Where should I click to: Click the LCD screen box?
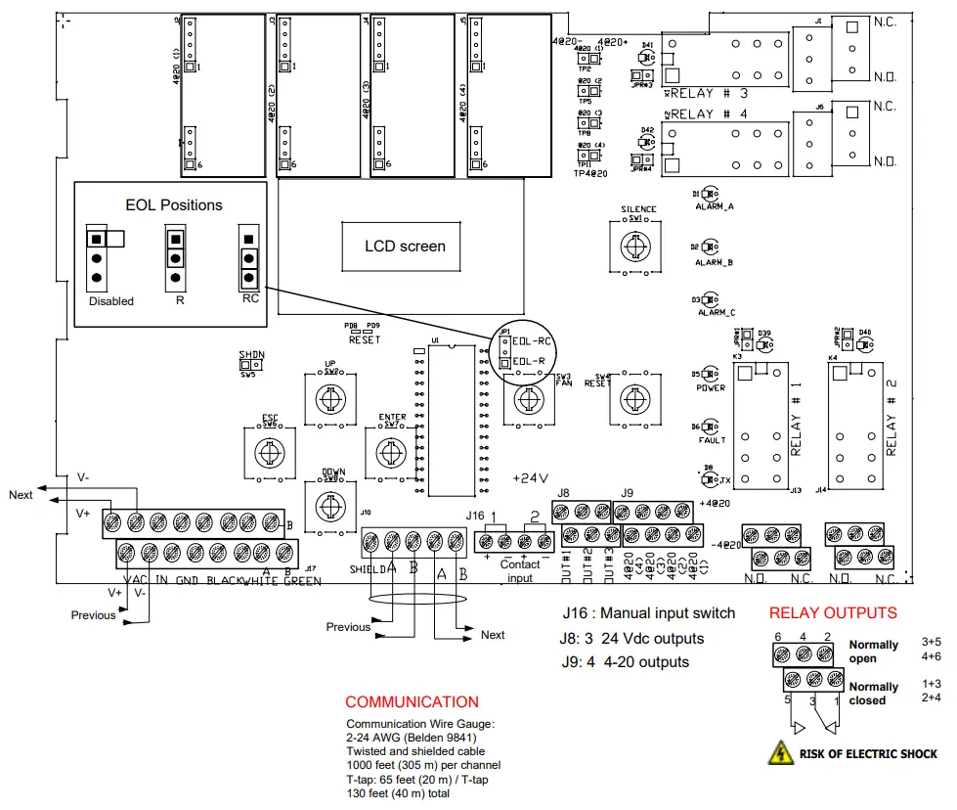405,246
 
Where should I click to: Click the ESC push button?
265,453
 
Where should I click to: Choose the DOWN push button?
331,506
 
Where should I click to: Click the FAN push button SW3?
527,399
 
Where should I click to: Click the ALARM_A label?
715,207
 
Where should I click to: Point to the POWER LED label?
711,387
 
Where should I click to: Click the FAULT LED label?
712,440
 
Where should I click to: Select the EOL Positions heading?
174,205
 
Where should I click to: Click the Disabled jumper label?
110,301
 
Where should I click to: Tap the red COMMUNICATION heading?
412,701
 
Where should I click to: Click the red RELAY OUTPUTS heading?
832,613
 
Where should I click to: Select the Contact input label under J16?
520,570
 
